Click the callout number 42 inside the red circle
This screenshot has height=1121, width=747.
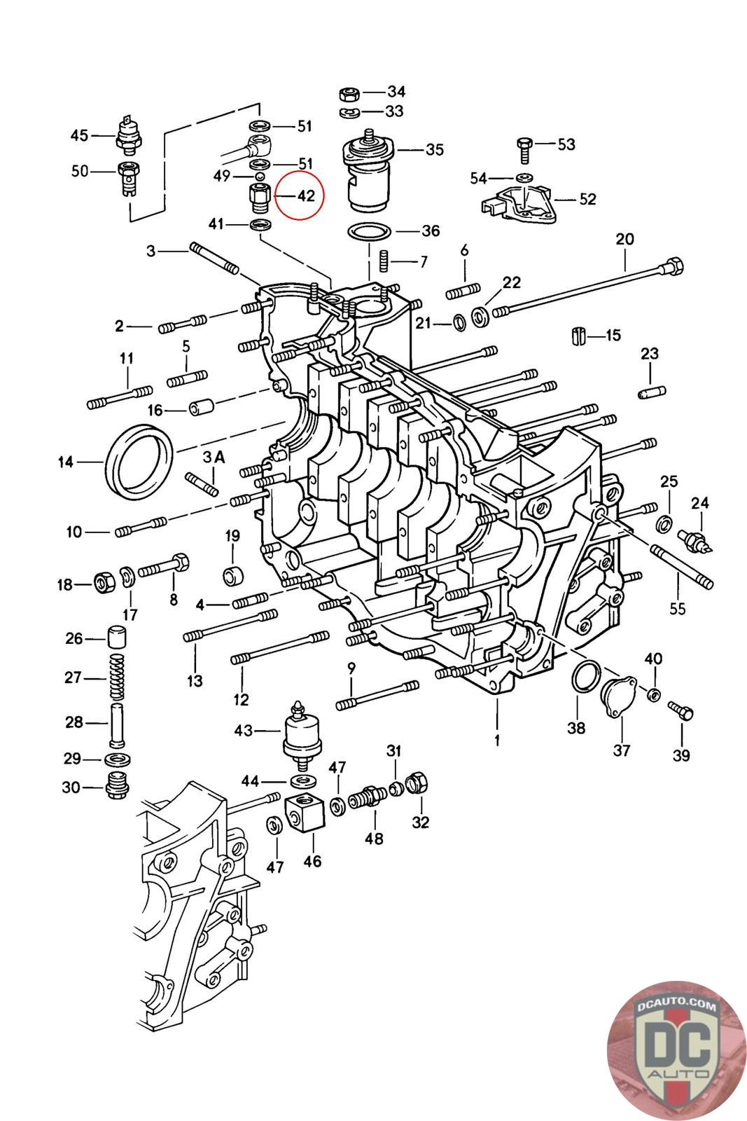tap(306, 195)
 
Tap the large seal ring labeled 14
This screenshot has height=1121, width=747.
tap(140, 460)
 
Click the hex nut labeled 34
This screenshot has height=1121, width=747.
tap(349, 94)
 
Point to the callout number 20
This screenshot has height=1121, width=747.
tap(624, 239)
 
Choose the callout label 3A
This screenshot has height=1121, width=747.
tap(214, 456)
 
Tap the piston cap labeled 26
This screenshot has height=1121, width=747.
tap(117, 637)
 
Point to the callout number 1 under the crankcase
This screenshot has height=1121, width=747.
tap(497, 740)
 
